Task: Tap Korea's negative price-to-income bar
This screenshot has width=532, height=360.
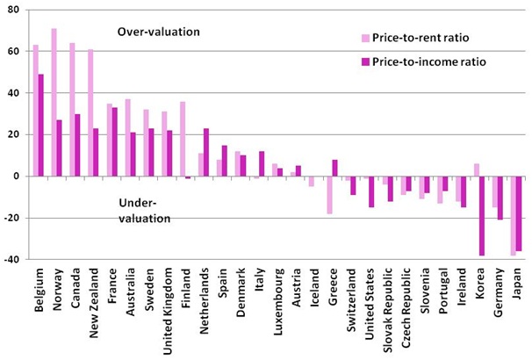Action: [481, 215]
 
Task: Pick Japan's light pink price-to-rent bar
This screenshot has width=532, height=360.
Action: [513, 215]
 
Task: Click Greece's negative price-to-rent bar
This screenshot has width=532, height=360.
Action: [330, 194]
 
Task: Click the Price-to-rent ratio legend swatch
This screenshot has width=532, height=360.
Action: [365, 38]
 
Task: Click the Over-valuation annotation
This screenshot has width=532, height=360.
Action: [159, 32]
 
